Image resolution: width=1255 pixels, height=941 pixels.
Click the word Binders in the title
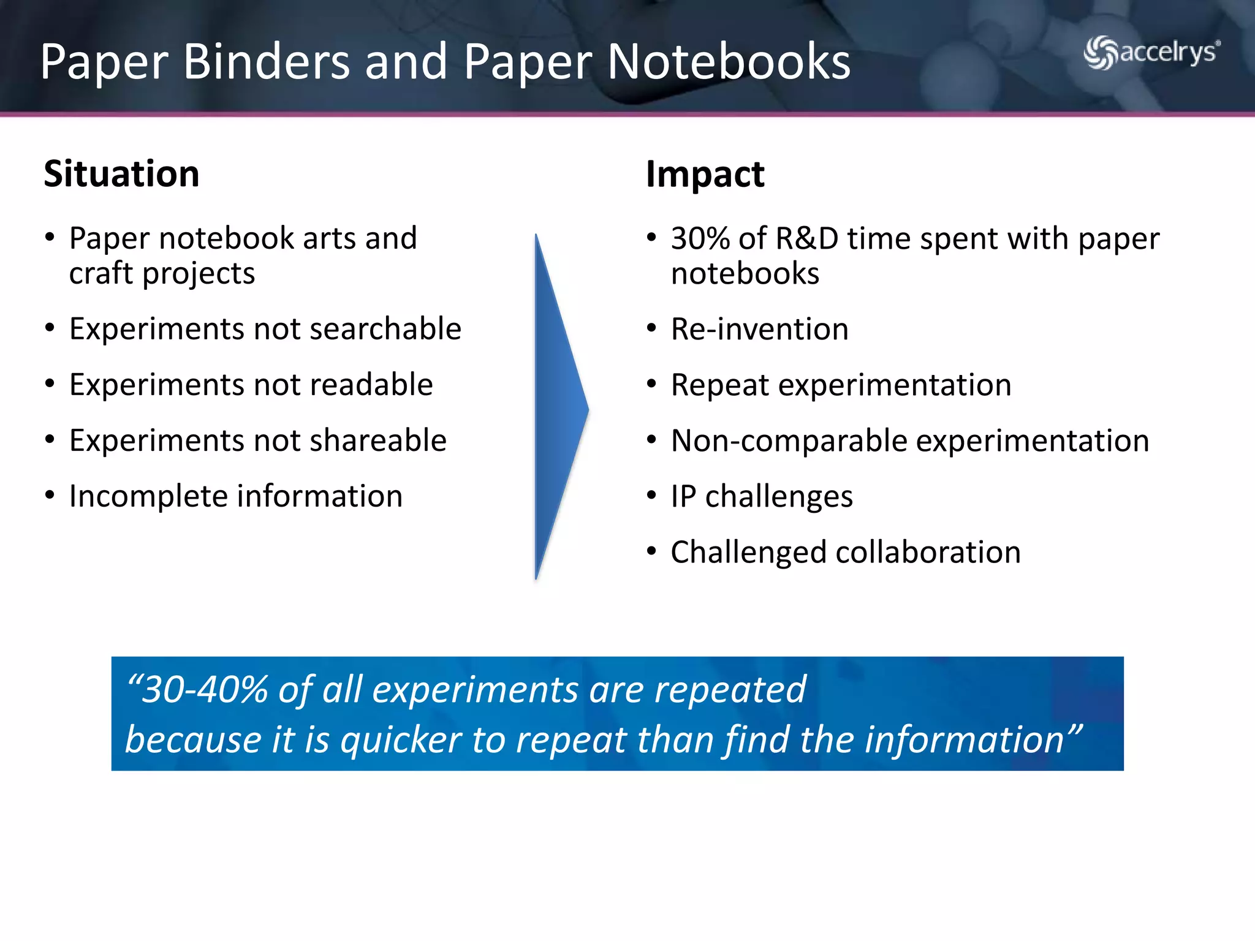(266, 62)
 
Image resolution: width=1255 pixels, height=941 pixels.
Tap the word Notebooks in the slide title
(729, 62)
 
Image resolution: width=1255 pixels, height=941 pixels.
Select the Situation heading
(121, 174)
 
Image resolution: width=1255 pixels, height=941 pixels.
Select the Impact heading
(705, 175)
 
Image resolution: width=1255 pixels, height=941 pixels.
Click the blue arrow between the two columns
(558, 407)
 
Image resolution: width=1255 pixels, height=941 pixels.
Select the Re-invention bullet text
(759, 329)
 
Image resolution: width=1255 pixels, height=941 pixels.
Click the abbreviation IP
(683, 496)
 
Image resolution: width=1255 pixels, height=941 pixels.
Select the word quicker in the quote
(401, 740)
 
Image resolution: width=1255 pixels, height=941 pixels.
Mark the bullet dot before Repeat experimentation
(651, 384)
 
